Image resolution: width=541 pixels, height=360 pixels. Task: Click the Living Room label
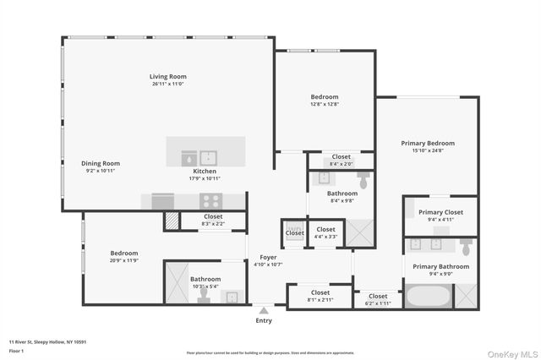[168, 77]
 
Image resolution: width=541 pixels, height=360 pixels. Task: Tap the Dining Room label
[101, 163]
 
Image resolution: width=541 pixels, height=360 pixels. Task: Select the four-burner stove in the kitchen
[210, 201]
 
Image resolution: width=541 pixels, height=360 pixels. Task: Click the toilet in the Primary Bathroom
[465, 247]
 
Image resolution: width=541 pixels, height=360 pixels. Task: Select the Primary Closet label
[441, 212]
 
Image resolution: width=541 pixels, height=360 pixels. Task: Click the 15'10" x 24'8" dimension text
[428, 151]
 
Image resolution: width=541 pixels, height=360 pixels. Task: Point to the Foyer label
[268, 257]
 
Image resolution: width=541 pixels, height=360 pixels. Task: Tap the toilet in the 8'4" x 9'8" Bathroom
[364, 180]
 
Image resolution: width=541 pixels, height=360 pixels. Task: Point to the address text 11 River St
[47, 341]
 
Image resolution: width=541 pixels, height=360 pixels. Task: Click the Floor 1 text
[16, 351]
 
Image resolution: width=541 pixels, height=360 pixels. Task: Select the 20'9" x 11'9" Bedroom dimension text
[124, 260]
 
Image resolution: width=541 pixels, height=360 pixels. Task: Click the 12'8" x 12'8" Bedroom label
[324, 97]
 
